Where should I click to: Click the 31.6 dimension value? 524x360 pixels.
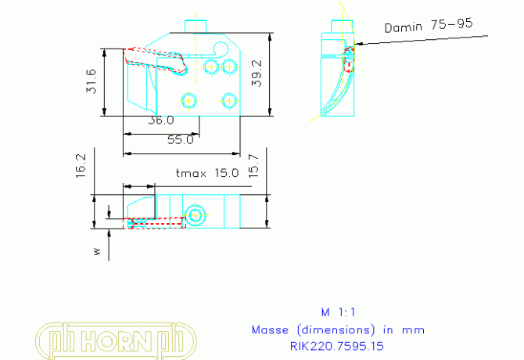(x=91, y=81)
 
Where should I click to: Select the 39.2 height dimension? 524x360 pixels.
(x=257, y=74)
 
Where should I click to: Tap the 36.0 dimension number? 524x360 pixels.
(x=161, y=121)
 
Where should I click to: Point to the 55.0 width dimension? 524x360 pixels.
(x=181, y=140)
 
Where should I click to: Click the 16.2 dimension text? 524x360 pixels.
(x=81, y=166)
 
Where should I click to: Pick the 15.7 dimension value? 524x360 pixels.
(x=253, y=166)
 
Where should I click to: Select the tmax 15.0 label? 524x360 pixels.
(x=207, y=173)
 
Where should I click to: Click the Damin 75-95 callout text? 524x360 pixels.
(x=429, y=25)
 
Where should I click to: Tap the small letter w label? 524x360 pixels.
(x=97, y=251)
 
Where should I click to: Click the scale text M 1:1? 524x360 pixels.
(x=338, y=312)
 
